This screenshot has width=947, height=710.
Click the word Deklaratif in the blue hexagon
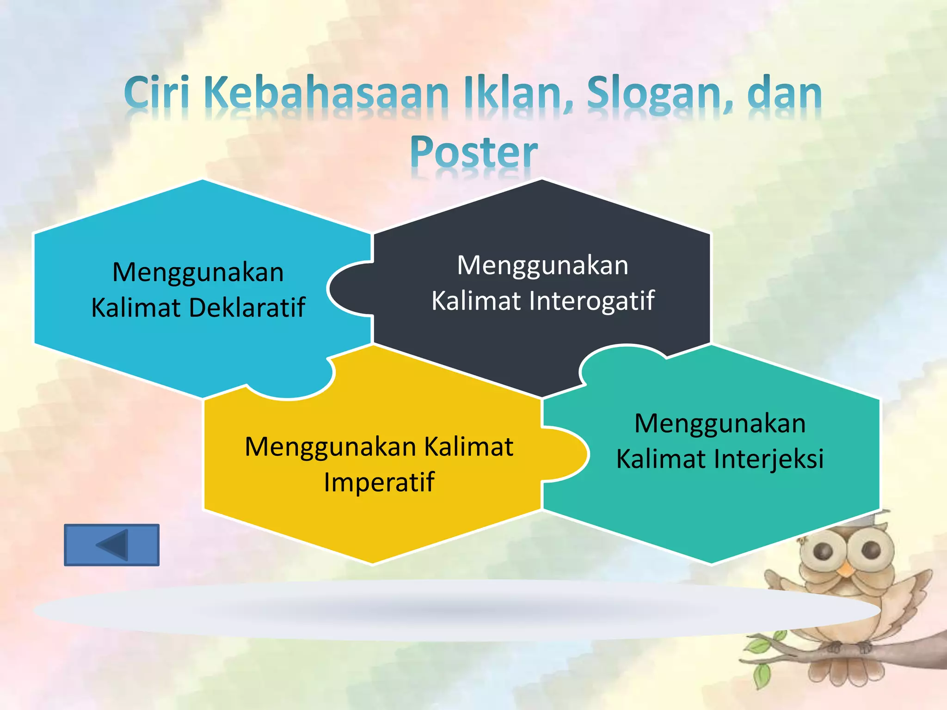[x=247, y=307]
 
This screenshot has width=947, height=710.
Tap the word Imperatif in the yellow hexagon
[x=379, y=482]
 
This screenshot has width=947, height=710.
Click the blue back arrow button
[x=111, y=545]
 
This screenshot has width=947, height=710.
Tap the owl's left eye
[x=824, y=551]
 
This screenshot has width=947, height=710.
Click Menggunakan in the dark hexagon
[x=543, y=266]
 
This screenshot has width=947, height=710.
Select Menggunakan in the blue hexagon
[x=198, y=272]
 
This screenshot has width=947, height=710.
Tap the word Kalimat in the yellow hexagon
[x=468, y=447]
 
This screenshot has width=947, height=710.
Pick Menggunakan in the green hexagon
[x=720, y=423]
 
